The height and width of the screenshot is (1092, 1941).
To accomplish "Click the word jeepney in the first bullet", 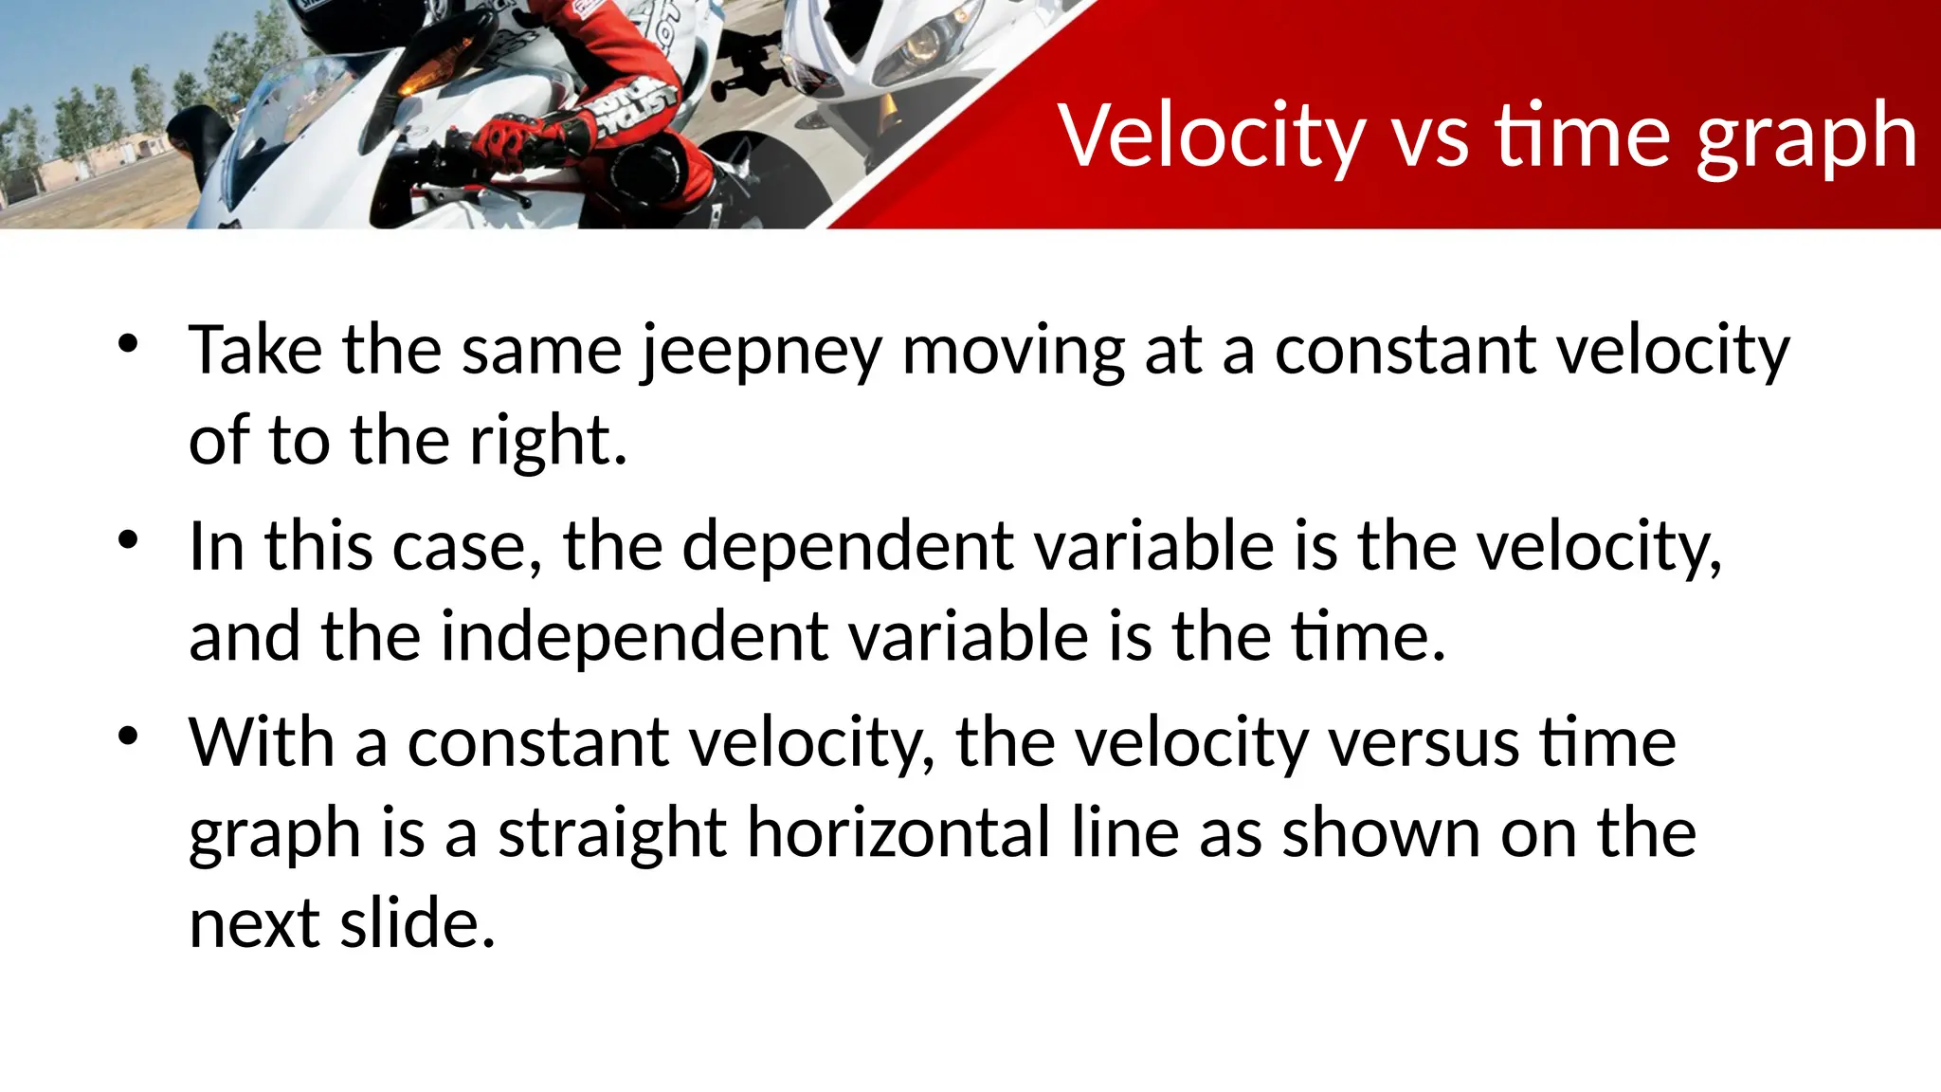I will [761, 353].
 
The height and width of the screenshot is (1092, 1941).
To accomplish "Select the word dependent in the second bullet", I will [847, 549].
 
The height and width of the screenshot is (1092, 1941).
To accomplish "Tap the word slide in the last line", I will [417, 924].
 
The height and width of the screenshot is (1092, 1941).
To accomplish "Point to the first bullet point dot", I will [129, 344].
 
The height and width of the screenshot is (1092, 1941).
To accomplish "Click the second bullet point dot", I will [129, 540].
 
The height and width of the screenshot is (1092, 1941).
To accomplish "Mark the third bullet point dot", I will [129, 736].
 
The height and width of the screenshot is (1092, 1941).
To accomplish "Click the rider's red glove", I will [506, 138].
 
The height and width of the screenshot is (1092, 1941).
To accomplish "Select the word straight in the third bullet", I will [612, 834].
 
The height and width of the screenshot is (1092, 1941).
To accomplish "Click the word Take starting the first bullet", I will [255, 351].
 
